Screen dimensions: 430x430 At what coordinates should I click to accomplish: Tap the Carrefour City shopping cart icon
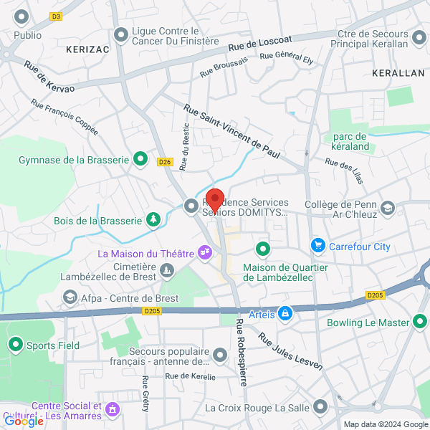317,247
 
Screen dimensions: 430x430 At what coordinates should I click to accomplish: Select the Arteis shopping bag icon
285,313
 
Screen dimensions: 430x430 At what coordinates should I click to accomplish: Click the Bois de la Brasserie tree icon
153,220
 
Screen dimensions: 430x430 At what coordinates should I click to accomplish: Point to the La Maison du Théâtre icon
205,252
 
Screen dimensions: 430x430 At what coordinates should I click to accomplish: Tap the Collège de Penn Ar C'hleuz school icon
388,208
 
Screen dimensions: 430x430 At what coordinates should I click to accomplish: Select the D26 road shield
164,162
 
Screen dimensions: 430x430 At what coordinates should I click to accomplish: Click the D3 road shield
57,16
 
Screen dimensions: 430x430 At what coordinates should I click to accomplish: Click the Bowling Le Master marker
420,322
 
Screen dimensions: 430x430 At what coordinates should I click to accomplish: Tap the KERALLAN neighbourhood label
398,74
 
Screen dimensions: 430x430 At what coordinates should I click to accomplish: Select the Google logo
24,421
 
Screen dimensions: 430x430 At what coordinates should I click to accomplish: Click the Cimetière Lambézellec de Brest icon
167,270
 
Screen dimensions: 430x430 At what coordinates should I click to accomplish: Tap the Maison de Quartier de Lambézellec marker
263,249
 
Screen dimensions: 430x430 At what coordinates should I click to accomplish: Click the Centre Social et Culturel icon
112,410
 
